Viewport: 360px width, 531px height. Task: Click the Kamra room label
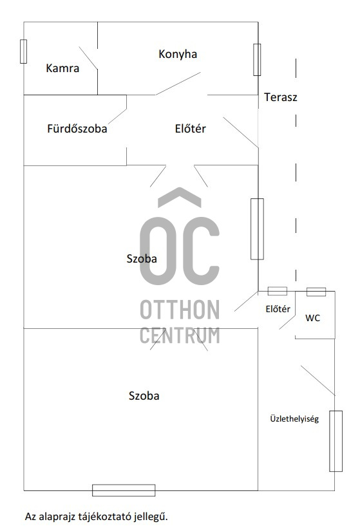(x=62, y=68)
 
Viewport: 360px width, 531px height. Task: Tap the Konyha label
(x=178, y=54)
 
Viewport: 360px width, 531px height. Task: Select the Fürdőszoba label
(x=77, y=128)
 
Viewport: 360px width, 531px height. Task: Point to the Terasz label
(x=281, y=97)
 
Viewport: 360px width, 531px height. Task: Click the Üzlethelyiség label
(x=294, y=419)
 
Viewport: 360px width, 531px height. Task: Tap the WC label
(x=312, y=318)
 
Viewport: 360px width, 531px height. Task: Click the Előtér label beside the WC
(x=278, y=309)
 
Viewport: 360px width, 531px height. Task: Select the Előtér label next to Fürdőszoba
(x=191, y=128)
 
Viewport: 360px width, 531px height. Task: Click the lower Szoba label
(x=144, y=396)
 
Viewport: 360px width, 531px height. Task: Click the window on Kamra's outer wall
(x=23, y=51)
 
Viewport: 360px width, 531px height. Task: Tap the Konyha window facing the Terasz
(x=258, y=60)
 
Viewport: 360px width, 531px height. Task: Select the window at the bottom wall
(x=124, y=490)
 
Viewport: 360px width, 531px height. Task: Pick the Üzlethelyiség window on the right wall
(x=336, y=441)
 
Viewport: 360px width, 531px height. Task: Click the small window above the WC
(x=316, y=292)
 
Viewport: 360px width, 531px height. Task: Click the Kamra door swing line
(x=88, y=58)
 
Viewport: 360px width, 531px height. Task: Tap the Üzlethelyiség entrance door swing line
(x=317, y=380)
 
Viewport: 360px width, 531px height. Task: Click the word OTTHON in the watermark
(x=180, y=310)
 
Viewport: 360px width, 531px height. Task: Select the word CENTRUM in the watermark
(x=180, y=335)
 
